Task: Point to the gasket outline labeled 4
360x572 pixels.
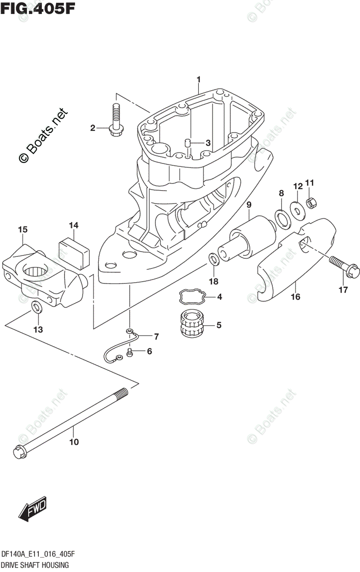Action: [193, 297]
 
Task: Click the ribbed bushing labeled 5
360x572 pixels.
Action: [193, 326]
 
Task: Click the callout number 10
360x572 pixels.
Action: [73, 442]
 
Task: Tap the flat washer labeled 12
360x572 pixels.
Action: [297, 209]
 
